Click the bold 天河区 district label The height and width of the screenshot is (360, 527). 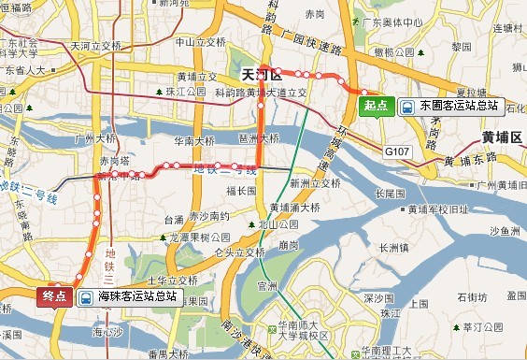261,73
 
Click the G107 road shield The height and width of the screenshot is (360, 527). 397,149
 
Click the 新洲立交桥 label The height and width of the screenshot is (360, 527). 311,182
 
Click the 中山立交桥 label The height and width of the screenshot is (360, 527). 202,43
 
